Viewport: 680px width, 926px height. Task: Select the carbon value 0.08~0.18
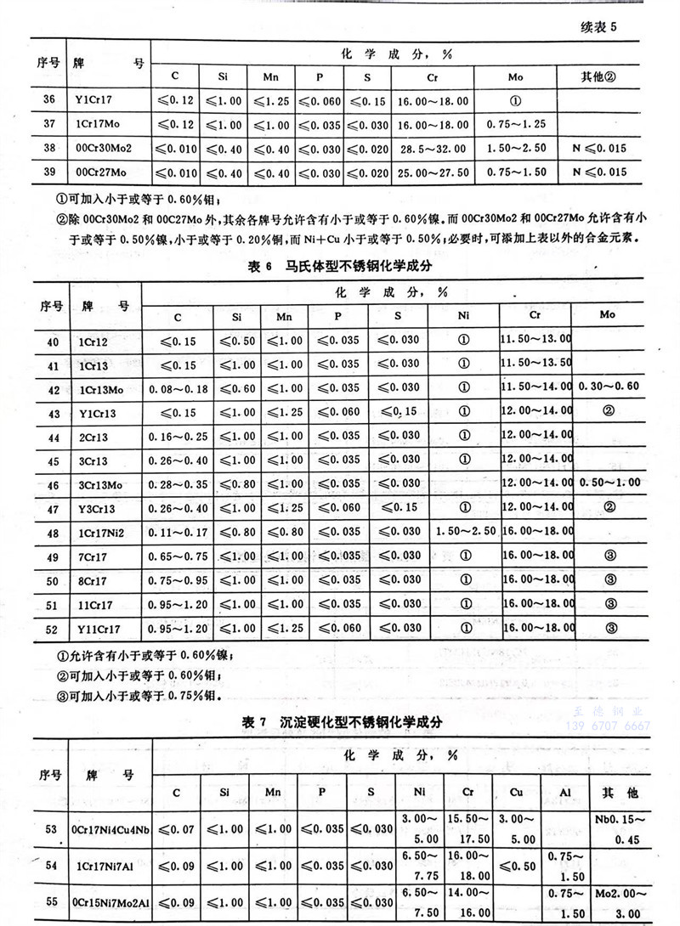[178, 388]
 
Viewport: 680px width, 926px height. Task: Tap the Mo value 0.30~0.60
[608, 387]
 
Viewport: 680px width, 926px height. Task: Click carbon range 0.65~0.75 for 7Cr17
[178, 556]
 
